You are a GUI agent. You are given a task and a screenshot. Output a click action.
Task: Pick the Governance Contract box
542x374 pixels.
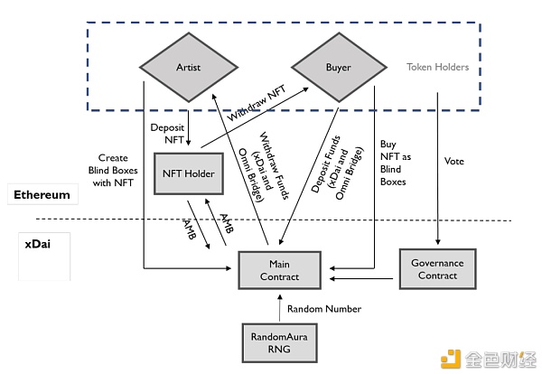coord(437,269)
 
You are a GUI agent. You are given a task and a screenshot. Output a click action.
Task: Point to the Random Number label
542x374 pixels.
coord(324,309)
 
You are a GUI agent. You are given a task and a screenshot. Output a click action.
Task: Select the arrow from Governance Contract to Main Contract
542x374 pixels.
coord(362,269)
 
